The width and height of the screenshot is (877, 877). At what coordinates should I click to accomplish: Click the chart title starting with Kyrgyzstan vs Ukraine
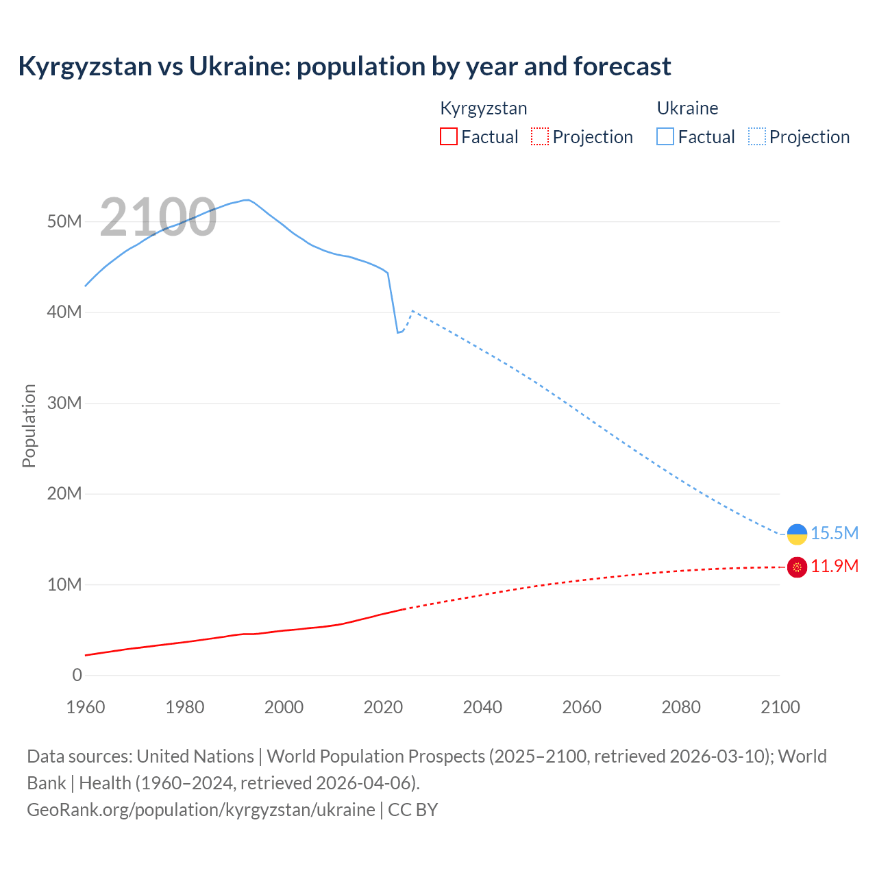344,66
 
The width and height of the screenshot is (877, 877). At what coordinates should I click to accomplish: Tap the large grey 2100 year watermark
158,217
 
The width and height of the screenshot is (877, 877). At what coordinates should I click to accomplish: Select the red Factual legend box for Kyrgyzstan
448,136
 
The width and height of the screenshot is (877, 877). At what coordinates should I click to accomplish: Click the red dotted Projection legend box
540,136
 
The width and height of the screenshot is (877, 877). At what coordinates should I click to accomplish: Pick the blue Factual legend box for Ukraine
665,136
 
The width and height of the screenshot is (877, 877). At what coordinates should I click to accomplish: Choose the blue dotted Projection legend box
757,136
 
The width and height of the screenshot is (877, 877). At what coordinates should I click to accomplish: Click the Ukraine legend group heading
687,108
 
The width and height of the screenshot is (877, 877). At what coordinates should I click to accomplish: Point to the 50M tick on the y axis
64,221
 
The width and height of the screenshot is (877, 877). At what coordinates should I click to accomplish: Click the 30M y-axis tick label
64,403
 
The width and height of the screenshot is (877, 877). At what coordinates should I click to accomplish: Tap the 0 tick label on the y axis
77,675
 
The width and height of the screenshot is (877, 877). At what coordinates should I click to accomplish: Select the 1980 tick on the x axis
184,707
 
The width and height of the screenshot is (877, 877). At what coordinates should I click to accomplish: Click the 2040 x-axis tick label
482,707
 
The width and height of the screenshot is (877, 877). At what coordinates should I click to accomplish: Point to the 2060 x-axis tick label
582,707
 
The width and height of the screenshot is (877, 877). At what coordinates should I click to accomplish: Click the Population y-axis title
29,425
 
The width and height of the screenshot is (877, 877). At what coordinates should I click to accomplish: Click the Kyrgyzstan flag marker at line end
797,567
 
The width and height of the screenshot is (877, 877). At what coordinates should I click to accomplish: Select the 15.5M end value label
834,533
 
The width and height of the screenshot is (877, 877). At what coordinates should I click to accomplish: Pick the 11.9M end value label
834,566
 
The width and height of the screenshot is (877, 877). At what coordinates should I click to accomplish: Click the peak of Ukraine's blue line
247,200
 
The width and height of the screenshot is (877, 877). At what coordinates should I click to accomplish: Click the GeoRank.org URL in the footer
201,809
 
